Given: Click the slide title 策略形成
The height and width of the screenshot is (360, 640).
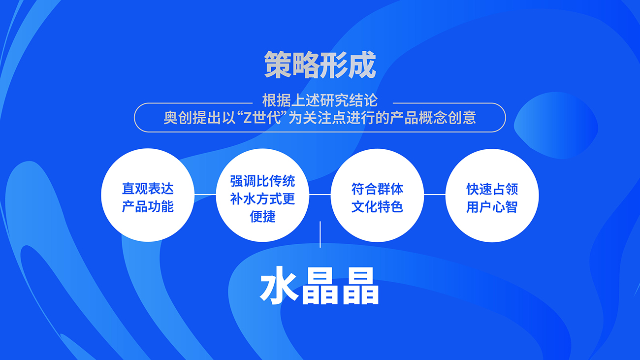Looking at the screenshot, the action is point(320,65).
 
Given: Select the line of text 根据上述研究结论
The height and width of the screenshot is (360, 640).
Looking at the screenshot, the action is point(320,100).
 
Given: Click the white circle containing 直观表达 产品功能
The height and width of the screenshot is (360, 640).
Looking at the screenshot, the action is point(148,195).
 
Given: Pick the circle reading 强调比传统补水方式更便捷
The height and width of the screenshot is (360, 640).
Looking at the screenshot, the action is point(262,195).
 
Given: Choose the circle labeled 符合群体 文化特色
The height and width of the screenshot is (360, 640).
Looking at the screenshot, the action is point(378,196).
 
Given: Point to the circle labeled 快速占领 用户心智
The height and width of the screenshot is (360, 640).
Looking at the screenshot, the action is point(492,196).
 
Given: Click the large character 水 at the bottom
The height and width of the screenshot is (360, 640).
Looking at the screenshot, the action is point(279,285).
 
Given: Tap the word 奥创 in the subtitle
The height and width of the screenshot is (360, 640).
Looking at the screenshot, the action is point(178,118).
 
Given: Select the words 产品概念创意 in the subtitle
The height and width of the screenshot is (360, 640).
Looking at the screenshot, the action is point(433,118).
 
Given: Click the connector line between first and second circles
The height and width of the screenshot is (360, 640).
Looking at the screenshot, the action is point(205,195).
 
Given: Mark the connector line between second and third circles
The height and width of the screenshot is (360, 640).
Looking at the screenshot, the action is point(320,195).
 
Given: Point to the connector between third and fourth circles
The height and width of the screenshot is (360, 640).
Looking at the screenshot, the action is point(435,195).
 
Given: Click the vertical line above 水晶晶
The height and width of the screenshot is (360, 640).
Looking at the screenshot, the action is point(320,234).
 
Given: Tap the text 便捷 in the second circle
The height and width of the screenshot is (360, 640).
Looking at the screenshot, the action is point(262,217).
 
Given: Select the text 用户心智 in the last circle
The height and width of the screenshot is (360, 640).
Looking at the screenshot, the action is point(492,207).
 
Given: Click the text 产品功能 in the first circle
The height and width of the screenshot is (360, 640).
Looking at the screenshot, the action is point(148,206).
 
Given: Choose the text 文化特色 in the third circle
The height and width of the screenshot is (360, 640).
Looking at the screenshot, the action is point(377,207).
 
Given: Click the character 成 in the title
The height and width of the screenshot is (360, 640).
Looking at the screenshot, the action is point(362,65).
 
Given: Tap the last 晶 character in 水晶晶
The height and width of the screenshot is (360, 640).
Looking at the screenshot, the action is point(361,286).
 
